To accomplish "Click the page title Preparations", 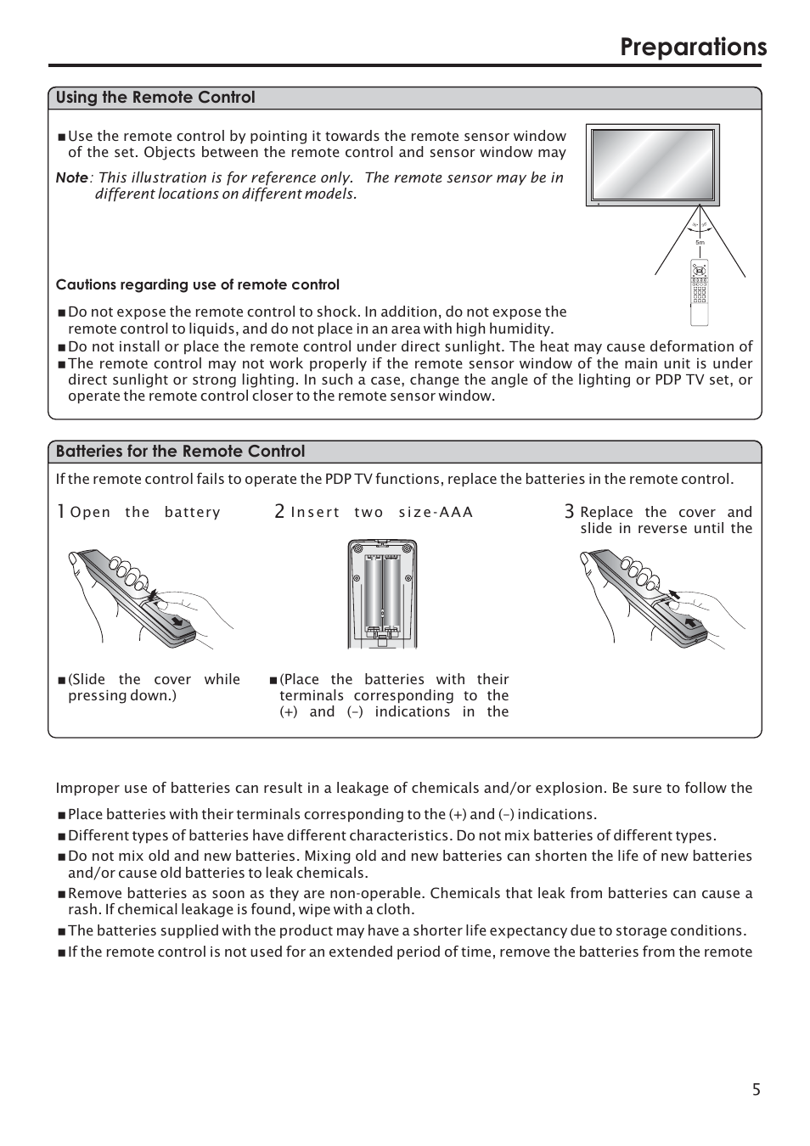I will (x=693, y=47).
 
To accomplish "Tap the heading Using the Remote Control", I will (x=155, y=98).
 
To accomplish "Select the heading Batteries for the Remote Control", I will (x=180, y=452).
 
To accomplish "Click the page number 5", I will (x=756, y=1089).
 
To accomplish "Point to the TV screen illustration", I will (x=653, y=165).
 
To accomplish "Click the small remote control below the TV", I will (x=700, y=293).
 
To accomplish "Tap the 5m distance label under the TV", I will (x=700, y=243).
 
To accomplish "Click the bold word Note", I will (x=71, y=177).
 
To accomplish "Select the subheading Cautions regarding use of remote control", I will (x=197, y=285).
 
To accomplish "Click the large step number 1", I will (x=61, y=511).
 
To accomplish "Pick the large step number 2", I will (x=279, y=511).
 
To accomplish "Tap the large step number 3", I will (x=569, y=511).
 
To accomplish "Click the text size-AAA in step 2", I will (x=436, y=513).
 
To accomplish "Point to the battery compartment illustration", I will (x=382, y=593).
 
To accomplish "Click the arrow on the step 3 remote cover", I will (x=690, y=622).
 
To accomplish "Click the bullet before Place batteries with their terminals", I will (x=61, y=815).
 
